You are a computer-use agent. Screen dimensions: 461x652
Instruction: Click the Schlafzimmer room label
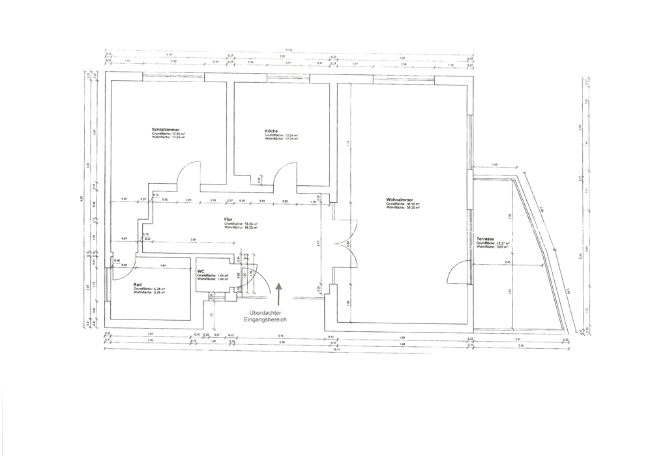[x=166, y=130]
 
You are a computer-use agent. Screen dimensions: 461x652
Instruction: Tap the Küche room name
[x=271, y=131]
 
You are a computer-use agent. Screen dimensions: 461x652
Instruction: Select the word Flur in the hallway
[x=229, y=219]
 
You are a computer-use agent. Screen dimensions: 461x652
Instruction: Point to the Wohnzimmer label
[x=398, y=200]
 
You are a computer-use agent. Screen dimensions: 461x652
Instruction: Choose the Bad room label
[x=138, y=284]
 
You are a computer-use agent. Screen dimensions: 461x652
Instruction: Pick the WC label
[x=201, y=271]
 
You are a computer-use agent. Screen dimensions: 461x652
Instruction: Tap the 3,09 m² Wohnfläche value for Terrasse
[x=501, y=247]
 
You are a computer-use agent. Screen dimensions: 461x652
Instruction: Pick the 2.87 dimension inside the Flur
[x=194, y=240]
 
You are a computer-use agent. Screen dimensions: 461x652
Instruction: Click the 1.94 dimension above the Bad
[x=162, y=265]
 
